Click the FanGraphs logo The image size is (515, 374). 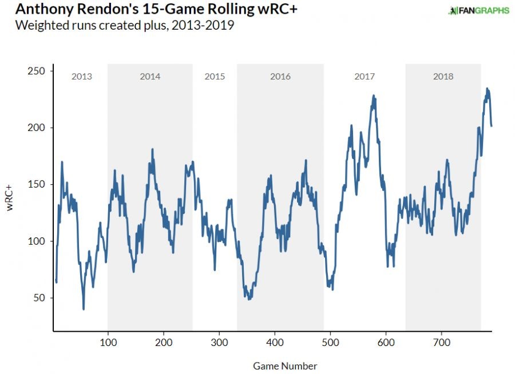click(x=478, y=10)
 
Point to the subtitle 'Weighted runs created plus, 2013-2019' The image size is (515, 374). click(x=125, y=26)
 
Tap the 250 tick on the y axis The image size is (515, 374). click(x=39, y=71)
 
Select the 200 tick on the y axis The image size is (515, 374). click(x=39, y=128)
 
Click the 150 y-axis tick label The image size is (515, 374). click(x=39, y=184)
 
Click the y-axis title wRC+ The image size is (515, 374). click(x=10, y=198)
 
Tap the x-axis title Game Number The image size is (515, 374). click(x=284, y=366)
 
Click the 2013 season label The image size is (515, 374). click(x=81, y=77)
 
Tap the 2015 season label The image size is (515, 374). click(x=215, y=77)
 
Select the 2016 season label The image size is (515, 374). click(x=280, y=77)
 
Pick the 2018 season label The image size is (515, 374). click(x=443, y=77)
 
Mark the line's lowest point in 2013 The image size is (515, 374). click(x=84, y=309)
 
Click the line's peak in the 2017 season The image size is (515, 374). click(x=374, y=96)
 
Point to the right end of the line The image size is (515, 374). click(x=492, y=126)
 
